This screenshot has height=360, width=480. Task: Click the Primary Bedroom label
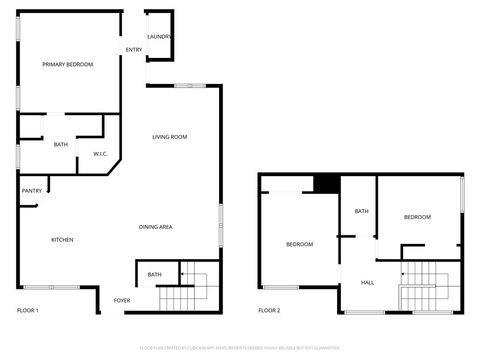point(67,64)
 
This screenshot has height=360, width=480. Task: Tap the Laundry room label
point(158,36)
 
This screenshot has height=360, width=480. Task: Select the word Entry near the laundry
point(133,49)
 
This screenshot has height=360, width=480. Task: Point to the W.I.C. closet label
point(100,153)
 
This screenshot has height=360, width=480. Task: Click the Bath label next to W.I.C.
point(61,145)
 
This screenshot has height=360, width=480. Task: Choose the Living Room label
point(170,136)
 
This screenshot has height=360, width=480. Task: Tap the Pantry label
point(31,190)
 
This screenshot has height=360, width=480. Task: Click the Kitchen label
point(62,239)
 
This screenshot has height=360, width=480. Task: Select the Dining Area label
point(156,227)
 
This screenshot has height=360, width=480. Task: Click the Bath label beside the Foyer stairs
point(155,274)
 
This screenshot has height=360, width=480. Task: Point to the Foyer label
point(122,300)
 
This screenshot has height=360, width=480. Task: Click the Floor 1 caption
point(28,311)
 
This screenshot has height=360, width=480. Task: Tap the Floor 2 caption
point(269,311)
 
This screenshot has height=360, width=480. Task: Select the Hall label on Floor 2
point(368,282)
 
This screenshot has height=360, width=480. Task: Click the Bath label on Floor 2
point(361,211)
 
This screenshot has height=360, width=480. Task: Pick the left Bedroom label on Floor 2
point(299,244)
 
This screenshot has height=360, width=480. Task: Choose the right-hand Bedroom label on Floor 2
point(417,217)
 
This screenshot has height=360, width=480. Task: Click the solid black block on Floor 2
point(326,184)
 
